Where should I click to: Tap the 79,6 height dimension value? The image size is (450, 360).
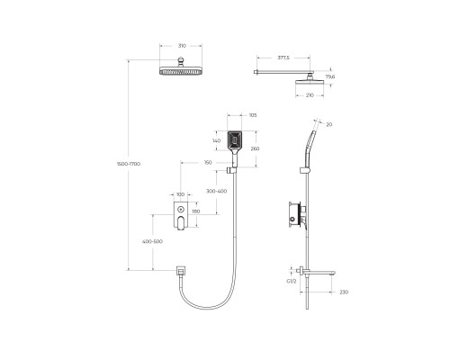(x=329, y=77)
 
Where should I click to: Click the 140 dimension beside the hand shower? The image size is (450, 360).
(x=216, y=141)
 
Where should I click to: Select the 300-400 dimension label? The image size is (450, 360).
(x=216, y=192)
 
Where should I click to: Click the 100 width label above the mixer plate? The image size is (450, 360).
(x=180, y=195)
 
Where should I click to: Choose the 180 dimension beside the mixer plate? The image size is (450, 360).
(x=208, y=212)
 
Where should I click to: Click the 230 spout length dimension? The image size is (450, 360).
(x=343, y=292)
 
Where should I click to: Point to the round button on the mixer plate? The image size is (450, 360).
(x=181, y=210)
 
